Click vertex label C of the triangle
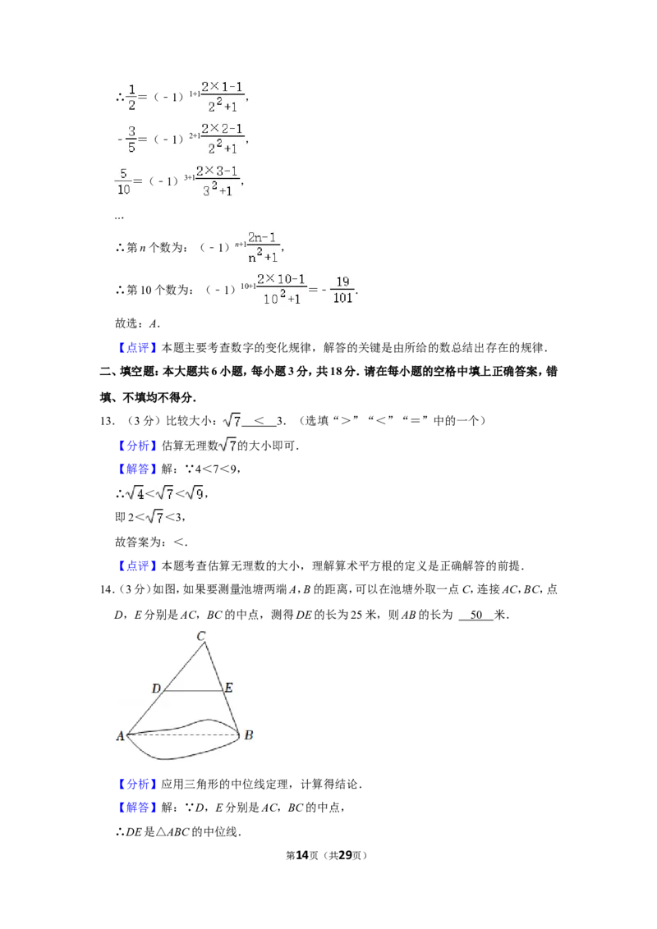pyautogui.click(x=201, y=636)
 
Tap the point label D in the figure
pyautogui.click(x=157, y=689)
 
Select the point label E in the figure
pyautogui.click(x=229, y=688)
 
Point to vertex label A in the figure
pyautogui.click(x=121, y=736)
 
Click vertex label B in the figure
pyautogui.click(x=249, y=735)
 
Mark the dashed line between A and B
pyautogui.click(x=184, y=735)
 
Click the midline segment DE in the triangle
pyautogui.click(x=193, y=691)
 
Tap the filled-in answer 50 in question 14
pyautogui.click(x=476, y=615)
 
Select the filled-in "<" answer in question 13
pyautogui.click(x=260, y=421)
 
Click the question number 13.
pyautogui.click(x=107, y=421)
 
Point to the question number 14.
pyautogui.click(x=107, y=589)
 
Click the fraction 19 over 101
pyautogui.click(x=342, y=290)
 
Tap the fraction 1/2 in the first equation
pyautogui.click(x=131, y=98)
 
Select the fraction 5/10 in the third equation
pyautogui.click(x=123, y=181)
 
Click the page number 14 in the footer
pyautogui.click(x=302, y=855)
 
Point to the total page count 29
pyautogui.click(x=345, y=855)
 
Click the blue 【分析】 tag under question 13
pyautogui.click(x=138, y=446)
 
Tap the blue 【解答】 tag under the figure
pyautogui.click(x=138, y=807)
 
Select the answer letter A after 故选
pyautogui.click(x=154, y=323)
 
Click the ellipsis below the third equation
pyautogui.click(x=119, y=218)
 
